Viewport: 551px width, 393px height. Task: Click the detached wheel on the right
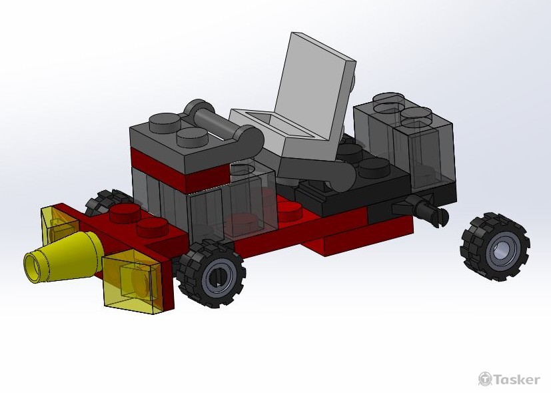pyautogui.click(x=495, y=248)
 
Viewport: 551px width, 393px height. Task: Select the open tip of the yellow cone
pyautogui.click(x=33, y=264)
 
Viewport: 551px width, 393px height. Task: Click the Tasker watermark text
pyautogui.click(x=516, y=380)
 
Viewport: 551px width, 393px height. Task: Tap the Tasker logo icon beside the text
pyautogui.click(x=485, y=379)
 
